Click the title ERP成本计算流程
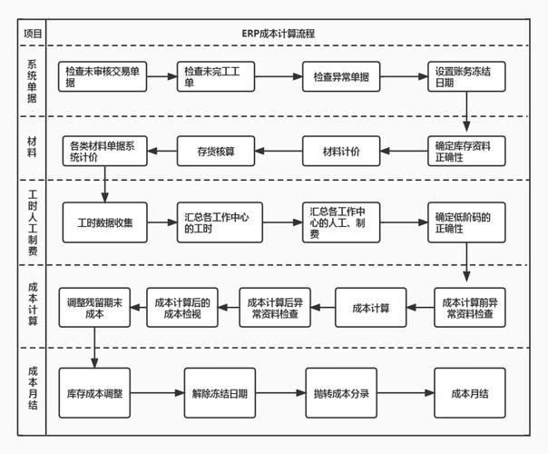(x=285, y=34)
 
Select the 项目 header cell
(x=33, y=34)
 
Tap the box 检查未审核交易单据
(x=103, y=76)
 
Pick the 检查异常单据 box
(x=341, y=76)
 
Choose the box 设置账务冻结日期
(x=465, y=76)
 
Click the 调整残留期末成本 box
(x=94, y=307)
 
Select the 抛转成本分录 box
(x=341, y=393)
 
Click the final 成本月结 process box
(x=469, y=393)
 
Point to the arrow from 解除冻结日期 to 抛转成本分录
(x=276, y=393)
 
